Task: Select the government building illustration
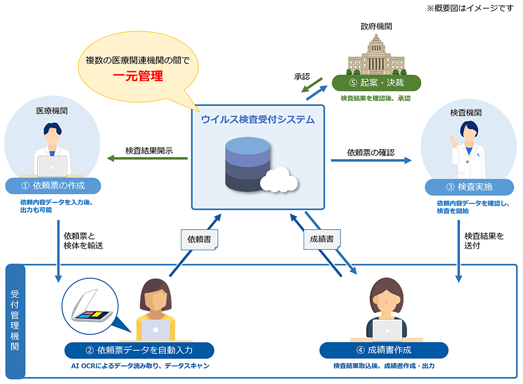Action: (x=376, y=56)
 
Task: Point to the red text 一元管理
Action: (x=138, y=76)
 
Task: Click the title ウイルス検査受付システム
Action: (x=258, y=119)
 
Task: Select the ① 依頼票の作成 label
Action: (x=53, y=185)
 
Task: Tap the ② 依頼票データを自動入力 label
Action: (x=139, y=350)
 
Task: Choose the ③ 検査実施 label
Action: (x=469, y=187)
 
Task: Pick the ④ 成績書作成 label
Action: (x=384, y=350)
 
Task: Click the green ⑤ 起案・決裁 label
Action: (x=376, y=83)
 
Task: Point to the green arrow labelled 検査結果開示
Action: (x=147, y=159)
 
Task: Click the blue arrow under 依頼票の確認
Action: (x=371, y=160)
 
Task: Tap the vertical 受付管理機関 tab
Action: (x=15, y=321)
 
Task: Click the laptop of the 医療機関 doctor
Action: (x=52, y=165)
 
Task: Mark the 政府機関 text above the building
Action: (x=376, y=26)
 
